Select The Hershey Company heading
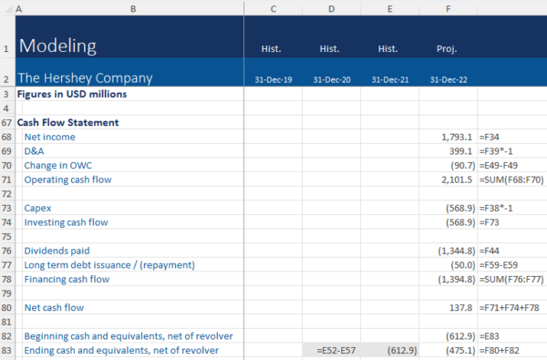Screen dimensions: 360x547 (x=85, y=77)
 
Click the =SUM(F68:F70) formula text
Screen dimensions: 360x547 (x=513, y=180)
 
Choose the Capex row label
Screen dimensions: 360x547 (x=39, y=208)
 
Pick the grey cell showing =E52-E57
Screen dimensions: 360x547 (x=332, y=350)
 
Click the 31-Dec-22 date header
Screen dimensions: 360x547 (x=449, y=80)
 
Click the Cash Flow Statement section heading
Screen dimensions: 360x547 (x=68, y=122)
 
